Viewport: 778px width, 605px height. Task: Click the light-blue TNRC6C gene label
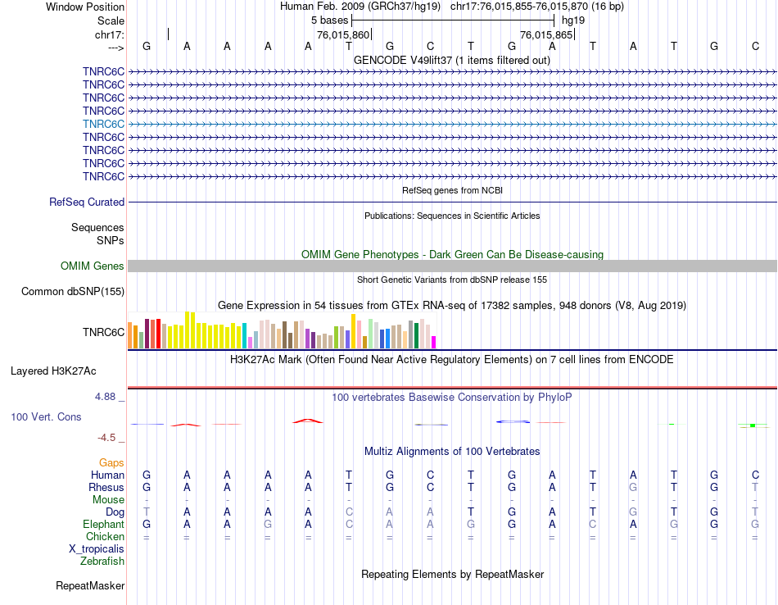[x=103, y=124]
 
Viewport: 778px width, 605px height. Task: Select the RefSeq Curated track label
[x=87, y=202]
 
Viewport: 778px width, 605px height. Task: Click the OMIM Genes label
[x=93, y=266]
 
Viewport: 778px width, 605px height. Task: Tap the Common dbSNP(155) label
[x=73, y=291]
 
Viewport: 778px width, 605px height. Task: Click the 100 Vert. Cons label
[x=46, y=416]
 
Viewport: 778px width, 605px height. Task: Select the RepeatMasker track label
[x=90, y=585]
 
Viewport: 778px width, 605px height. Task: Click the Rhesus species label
[x=106, y=487]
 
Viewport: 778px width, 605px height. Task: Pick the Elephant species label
[x=104, y=524]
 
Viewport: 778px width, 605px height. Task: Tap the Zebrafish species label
[x=102, y=562]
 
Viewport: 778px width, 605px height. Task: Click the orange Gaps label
[x=111, y=462]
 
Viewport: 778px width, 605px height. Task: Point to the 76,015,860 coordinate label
[x=343, y=35]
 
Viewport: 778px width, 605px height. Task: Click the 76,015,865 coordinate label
[x=546, y=35]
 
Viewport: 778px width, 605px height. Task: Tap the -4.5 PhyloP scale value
[x=107, y=438]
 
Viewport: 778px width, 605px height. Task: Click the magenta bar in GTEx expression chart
[x=434, y=342]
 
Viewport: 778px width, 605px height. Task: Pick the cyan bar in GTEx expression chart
[x=245, y=336]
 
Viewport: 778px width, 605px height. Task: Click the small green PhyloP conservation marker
[x=752, y=425]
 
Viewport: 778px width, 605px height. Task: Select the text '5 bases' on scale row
[x=329, y=20]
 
